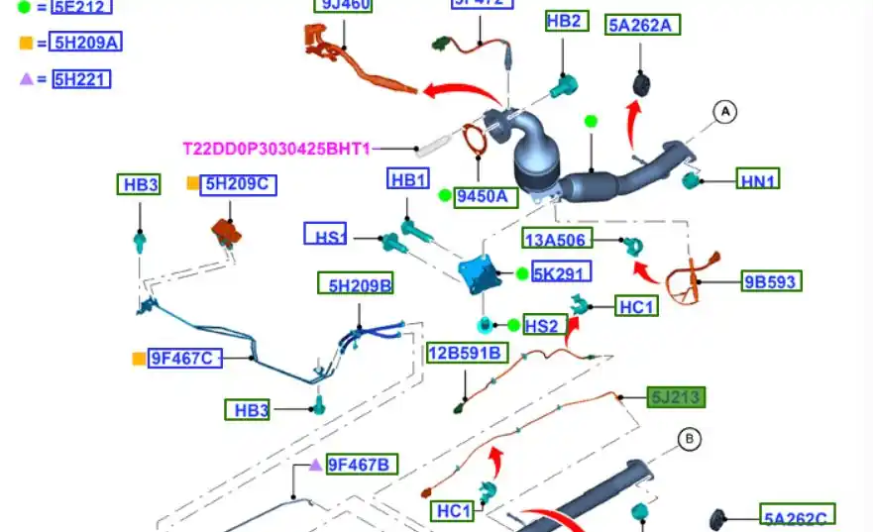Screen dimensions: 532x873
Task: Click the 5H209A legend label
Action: point(86,43)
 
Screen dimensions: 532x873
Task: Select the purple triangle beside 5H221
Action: point(26,79)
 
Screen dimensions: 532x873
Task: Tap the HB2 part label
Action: point(564,21)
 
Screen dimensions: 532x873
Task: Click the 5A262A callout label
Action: point(643,25)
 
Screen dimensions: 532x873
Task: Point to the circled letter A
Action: point(725,113)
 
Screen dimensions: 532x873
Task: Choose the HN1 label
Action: point(758,179)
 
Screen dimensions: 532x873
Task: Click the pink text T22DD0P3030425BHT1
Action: point(276,149)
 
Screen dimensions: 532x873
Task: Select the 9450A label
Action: point(486,196)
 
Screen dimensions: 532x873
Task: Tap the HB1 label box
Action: point(409,179)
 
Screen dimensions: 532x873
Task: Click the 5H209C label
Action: point(238,184)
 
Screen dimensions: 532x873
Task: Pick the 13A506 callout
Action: point(557,238)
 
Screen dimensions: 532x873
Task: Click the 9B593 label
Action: point(770,281)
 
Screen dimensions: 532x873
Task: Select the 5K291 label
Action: point(561,273)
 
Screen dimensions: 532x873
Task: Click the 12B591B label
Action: point(467,353)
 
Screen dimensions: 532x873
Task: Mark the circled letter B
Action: point(689,438)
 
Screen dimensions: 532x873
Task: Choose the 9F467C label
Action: point(184,359)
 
